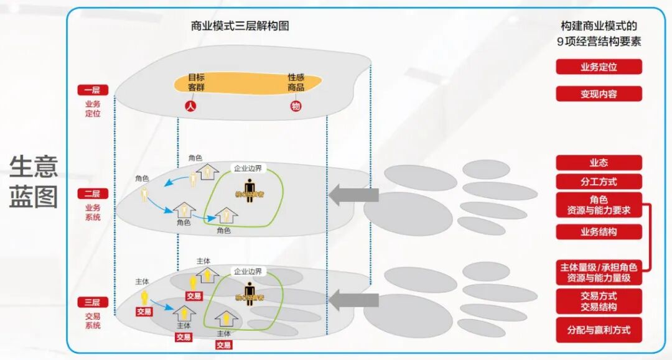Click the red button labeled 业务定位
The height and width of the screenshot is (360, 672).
pos(599,67)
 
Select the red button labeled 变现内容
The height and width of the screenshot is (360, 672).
pos(599,94)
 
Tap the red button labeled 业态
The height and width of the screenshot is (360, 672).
pos(599,163)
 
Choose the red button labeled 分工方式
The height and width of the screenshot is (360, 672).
pos(599,182)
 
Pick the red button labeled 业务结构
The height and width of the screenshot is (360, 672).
pos(599,232)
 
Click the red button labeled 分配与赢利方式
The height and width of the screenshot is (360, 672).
pos(599,330)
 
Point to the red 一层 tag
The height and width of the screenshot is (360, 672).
pos(93,90)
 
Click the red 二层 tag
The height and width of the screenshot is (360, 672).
pos(93,194)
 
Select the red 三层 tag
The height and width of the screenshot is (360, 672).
pos(93,302)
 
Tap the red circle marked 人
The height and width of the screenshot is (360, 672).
pos(191,106)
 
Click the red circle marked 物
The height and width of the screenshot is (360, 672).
pos(296,106)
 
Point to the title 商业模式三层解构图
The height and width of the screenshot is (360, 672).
pos(240,26)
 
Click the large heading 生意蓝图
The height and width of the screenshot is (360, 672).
pos(34,182)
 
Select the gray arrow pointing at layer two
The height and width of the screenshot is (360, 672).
pos(353,195)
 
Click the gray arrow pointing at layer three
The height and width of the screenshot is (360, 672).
pos(353,301)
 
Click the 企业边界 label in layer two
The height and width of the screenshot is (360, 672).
pos(248,168)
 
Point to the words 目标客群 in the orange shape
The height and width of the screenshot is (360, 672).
pos(197,83)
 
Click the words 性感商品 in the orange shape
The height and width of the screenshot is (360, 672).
pos(296,83)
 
